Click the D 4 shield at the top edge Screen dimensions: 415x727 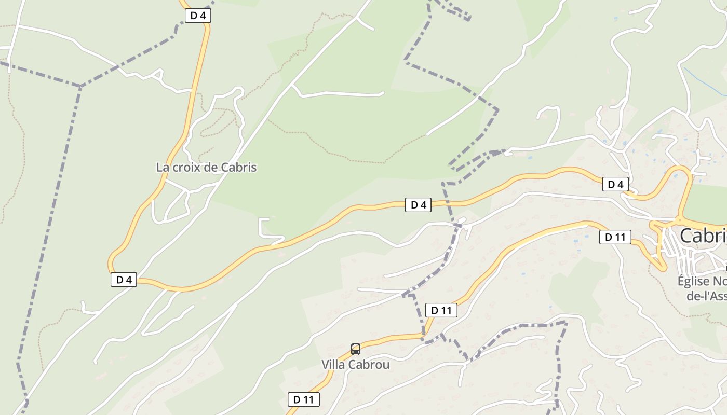click(x=198, y=16)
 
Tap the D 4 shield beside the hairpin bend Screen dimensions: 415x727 click(x=124, y=280)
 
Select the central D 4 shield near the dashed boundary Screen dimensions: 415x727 click(x=418, y=205)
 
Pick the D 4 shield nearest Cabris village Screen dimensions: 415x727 click(x=615, y=184)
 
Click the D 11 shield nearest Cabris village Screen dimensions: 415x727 click(x=615, y=237)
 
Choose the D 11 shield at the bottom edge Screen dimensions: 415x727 click(x=303, y=399)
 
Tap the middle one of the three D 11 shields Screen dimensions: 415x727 click(x=441, y=310)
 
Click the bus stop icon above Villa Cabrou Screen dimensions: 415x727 click(x=355, y=349)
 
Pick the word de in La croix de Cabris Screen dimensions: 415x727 click(x=211, y=168)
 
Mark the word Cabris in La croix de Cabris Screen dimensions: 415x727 click(x=239, y=168)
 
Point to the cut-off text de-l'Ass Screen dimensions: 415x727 click(x=706, y=296)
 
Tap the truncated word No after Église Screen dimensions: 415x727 click(x=720, y=281)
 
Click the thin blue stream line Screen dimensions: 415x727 click(x=704, y=81)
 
